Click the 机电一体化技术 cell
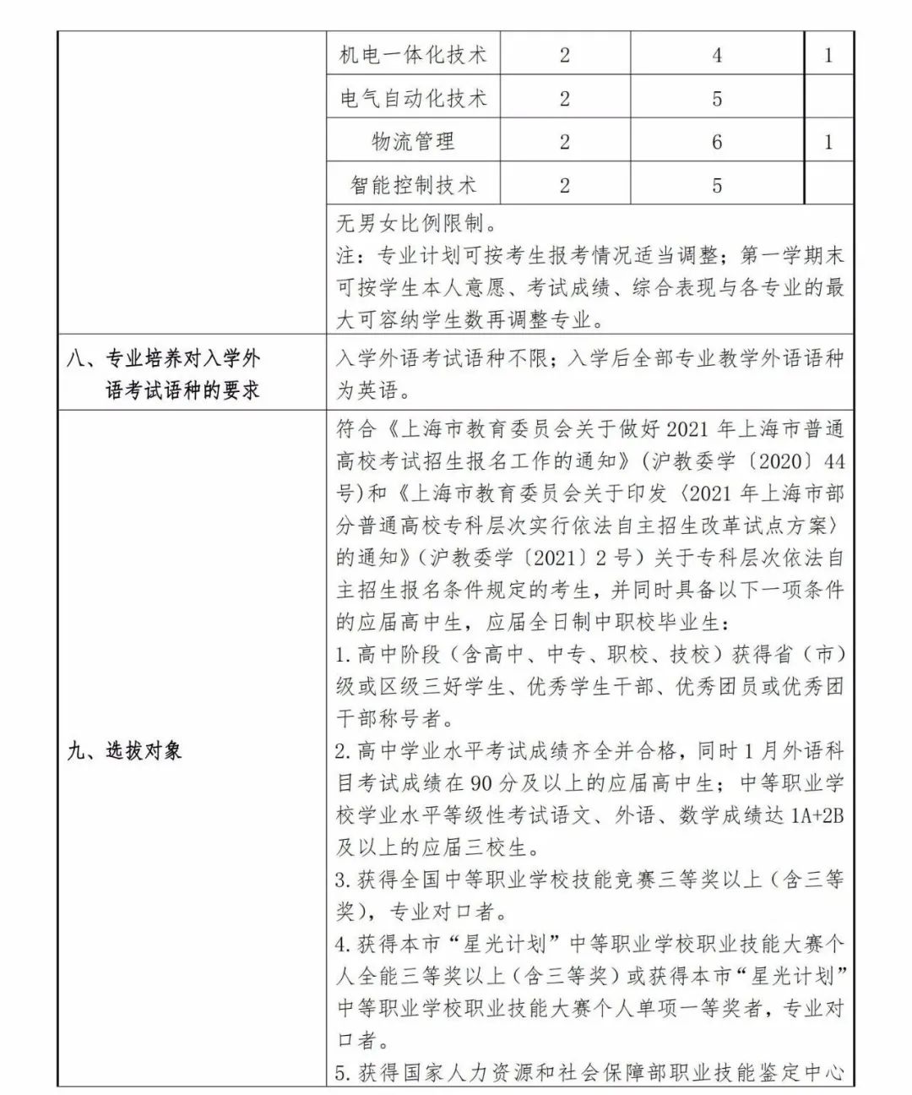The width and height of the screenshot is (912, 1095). [x=413, y=56]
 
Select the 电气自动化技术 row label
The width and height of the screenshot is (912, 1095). [x=413, y=99]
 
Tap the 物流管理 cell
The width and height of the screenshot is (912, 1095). [x=413, y=142]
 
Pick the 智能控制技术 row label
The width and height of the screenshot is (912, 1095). [x=413, y=185]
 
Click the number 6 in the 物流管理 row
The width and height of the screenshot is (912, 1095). [x=717, y=142]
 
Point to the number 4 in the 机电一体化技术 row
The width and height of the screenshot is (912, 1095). [x=717, y=56]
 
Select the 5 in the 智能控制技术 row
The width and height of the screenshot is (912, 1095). [x=717, y=185]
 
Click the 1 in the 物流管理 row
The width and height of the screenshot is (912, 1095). [x=828, y=142]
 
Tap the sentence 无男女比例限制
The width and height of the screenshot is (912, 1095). [x=410, y=224]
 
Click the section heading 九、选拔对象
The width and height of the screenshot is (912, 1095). [x=124, y=750]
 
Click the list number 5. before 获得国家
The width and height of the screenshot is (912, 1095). [x=343, y=1073]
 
